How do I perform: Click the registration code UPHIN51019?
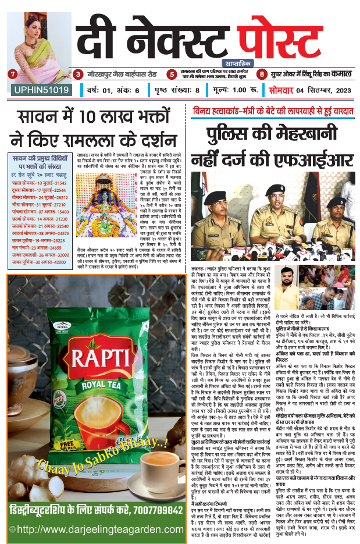point(40,90)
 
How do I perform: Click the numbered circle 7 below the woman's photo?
point(12,74)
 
